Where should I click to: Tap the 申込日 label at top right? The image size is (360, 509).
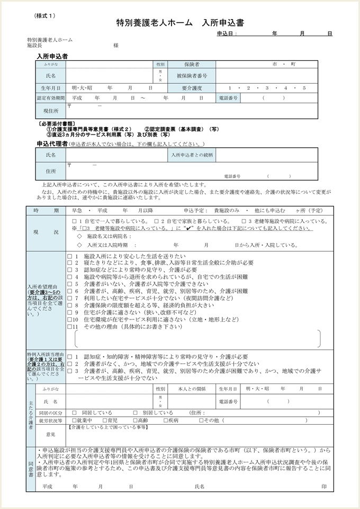point(227,33)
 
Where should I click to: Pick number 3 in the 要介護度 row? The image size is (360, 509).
point(267,87)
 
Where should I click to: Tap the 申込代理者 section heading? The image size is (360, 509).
point(52,144)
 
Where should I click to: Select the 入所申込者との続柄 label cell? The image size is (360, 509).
point(192,155)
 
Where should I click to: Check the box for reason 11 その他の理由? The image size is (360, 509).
point(69,327)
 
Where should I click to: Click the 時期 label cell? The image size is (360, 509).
point(46,210)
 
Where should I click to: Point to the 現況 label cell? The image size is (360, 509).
point(46,232)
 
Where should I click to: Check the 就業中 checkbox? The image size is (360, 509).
point(74,421)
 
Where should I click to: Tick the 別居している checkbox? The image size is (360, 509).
point(136,412)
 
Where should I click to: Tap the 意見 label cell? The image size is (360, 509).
point(50,434)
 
